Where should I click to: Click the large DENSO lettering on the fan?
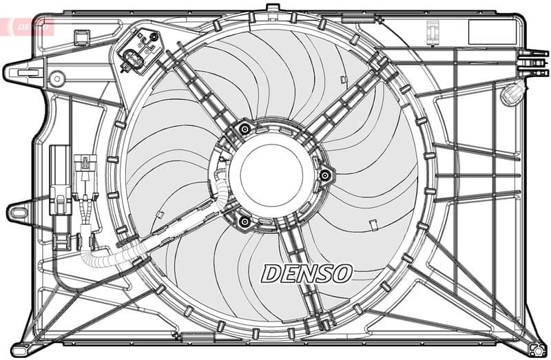(x=306, y=273)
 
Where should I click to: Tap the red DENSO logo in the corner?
(x=28, y=27)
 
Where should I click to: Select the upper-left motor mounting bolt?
(x=244, y=128)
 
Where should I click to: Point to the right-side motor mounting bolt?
(x=324, y=176)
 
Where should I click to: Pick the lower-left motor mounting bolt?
(x=243, y=220)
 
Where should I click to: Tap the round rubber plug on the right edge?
(x=510, y=94)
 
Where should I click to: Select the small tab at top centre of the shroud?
(x=271, y=9)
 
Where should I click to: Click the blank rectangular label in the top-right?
(x=491, y=32)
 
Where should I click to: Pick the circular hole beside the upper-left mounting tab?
(x=56, y=78)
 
